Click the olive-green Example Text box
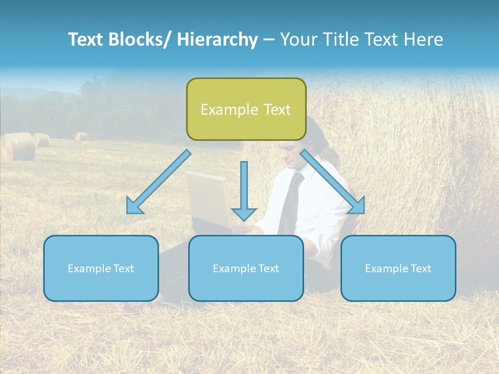coord(246,109)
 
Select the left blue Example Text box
coord(101,268)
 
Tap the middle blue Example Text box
coord(246,268)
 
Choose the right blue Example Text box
coord(398,268)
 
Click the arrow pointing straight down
coord(244,192)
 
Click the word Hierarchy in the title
coord(217,40)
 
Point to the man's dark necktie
coord(291,203)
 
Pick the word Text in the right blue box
coord(421,269)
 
